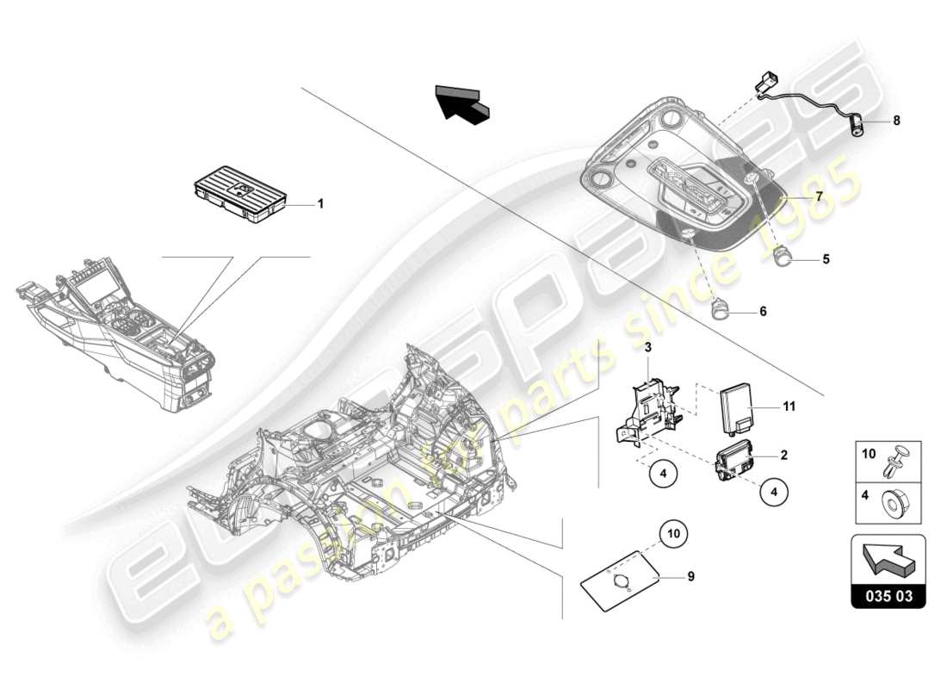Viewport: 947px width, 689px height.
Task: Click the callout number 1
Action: pos(320,204)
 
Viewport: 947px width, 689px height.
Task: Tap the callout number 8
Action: pos(896,121)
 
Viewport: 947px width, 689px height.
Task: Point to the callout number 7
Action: pos(820,196)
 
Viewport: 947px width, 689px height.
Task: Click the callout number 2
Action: pos(783,453)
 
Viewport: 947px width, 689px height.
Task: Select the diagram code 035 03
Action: pos(888,595)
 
